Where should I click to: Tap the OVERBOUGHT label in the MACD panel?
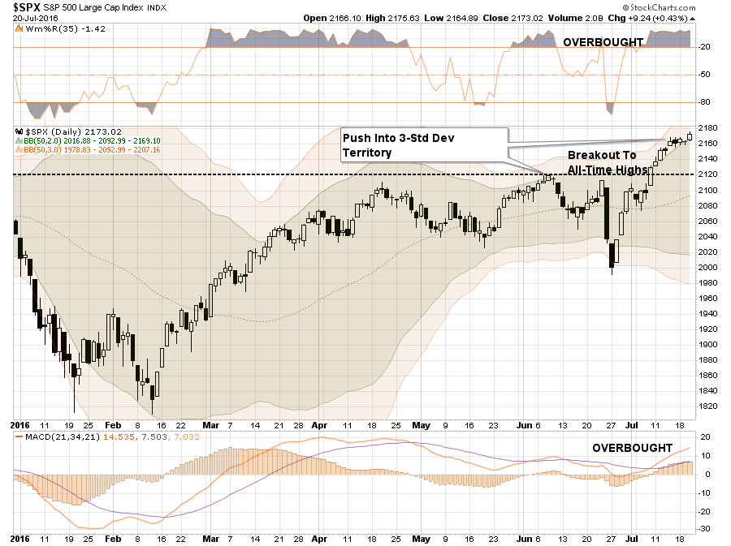click(x=632, y=448)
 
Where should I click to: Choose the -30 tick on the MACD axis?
click(x=706, y=528)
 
